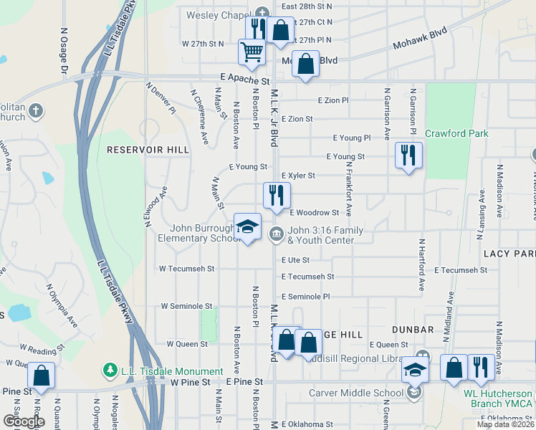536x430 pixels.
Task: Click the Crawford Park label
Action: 456,133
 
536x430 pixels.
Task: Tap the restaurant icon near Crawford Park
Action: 408,156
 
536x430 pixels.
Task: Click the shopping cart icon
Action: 252,52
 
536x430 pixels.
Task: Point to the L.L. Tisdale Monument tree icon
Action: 110,371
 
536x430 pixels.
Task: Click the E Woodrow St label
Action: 314,212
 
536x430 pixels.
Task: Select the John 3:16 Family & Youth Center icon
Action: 276,234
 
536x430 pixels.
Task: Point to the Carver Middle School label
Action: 356,393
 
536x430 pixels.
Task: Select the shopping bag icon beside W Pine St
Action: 42,376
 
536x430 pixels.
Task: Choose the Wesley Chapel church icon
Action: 262,12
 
